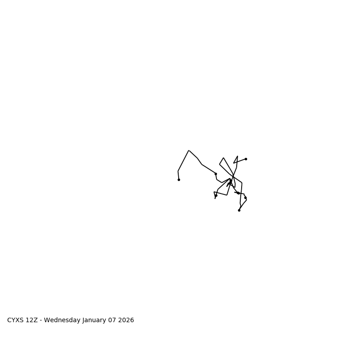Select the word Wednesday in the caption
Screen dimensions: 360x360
(x=63, y=320)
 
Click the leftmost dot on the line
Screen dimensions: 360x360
(x=179, y=180)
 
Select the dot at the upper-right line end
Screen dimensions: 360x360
(x=246, y=159)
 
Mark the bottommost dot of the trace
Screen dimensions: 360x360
(x=239, y=210)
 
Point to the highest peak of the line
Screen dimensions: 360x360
(x=189, y=150)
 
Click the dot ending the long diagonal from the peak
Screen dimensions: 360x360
(x=216, y=174)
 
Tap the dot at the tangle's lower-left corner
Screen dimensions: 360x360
(x=216, y=196)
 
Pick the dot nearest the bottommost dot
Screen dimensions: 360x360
(x=245, y=198)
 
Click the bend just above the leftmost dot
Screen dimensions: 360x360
(x=178, y=171)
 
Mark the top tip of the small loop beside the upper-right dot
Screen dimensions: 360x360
(x=238, y=156)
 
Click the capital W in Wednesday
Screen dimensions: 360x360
(x=47, y=320)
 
